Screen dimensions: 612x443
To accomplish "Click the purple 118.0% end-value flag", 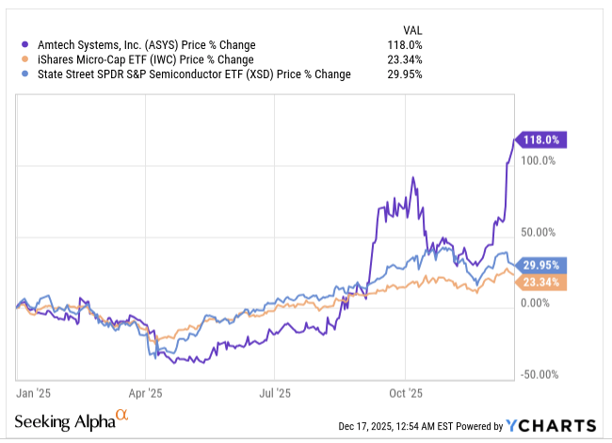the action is (x=541, y=139).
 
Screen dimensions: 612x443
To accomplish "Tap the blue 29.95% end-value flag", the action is (x=541, y=265).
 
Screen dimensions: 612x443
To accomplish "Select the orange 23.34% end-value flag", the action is (x=541, y=282).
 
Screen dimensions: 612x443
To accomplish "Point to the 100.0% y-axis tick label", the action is (x=538, y=160).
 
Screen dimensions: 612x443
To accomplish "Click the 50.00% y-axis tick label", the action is (x=538, y=233).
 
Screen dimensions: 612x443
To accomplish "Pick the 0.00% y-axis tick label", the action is (x=535, y=304).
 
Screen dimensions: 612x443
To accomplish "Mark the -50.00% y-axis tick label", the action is (x=540, y=375).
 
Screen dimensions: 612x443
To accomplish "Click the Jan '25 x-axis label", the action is (x=33, y=393).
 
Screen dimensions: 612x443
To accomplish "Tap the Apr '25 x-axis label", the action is (x=145, y=393).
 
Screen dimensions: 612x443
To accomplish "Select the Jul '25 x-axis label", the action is (x=275, y=393).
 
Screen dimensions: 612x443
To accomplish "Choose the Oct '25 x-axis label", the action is (x=406, y=393).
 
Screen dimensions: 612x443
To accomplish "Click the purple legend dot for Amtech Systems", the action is (x=25, y=45).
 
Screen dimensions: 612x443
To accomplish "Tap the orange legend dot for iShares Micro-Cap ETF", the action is (x=25, y=59).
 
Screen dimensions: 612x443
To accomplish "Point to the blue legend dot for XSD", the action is (x=25, y=74).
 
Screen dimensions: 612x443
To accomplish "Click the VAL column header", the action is (x=412, y=30).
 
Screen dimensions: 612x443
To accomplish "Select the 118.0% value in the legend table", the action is (x=405, y=45).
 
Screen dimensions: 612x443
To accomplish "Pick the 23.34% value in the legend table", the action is (x=405, y=59).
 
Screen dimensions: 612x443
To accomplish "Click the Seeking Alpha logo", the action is (x=72, y=420).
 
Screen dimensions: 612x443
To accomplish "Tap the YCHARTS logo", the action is (x=551, y=426).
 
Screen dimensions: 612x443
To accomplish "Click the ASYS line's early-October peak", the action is (x=413, y=177).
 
